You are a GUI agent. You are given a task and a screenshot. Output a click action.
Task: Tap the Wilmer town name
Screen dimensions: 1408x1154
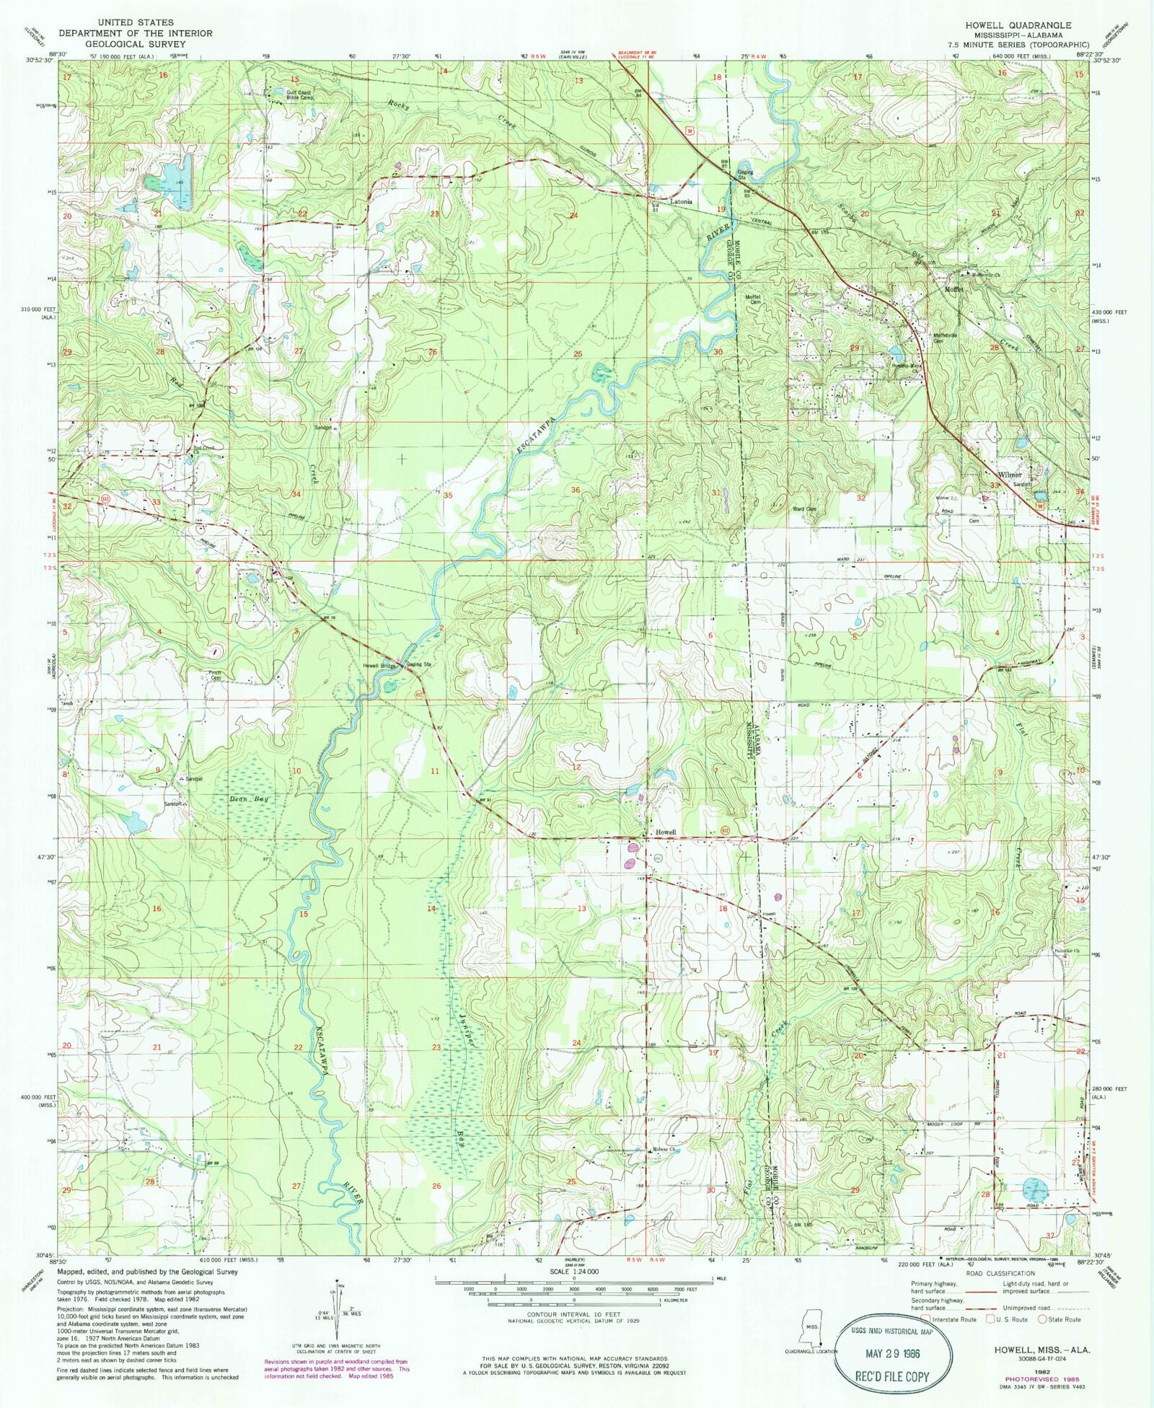click(x=1010, y=475)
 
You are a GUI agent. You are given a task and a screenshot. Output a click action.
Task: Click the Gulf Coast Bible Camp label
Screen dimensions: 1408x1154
click(x=299, y=94)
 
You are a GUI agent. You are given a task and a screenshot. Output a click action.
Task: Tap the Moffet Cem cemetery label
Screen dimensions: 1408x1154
click(x=753, y=299)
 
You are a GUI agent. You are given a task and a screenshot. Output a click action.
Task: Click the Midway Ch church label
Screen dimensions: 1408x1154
click(x=661, y=1171)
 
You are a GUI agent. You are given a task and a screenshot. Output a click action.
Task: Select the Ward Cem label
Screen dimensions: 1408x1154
click(x=804, y=509)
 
